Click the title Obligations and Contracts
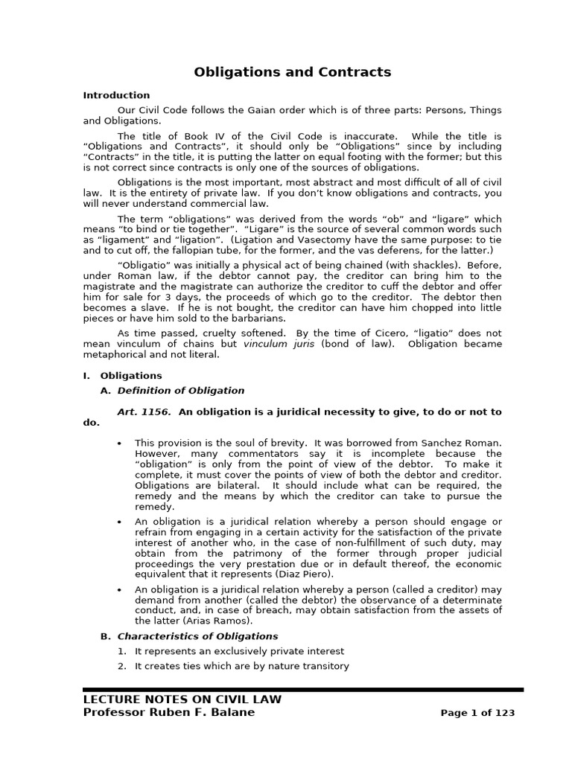pos(292,72)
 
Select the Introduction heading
pos(116,95)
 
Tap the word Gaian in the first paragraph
pos(283,110)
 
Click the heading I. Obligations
pos(122,376)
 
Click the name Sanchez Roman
pos(465,443)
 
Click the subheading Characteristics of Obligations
pos(197,636)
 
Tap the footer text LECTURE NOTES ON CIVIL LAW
pos(182,699)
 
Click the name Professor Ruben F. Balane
pos(168,713)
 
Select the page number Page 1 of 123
pos(477,713)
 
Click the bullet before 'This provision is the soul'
pos(120,444)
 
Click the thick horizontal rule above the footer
pos(302,690)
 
